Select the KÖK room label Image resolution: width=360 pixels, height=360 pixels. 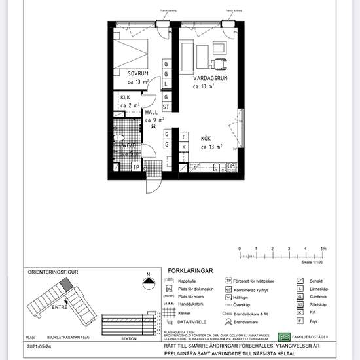coord(206,139)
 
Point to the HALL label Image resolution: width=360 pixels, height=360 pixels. coord(152,113)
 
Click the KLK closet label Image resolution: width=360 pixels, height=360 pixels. coord(125,98)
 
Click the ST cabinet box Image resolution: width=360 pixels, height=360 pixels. coord(166,107)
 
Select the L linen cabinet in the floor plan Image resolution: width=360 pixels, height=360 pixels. coord(166,84)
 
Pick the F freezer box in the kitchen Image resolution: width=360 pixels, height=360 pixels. coord(185,137)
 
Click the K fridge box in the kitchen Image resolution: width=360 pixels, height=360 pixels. coord(185,148)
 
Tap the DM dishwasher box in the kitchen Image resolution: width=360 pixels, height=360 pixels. coord(231,166)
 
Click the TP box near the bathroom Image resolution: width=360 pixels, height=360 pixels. coord(136,167)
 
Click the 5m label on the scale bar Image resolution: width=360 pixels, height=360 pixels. coord(323,249)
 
